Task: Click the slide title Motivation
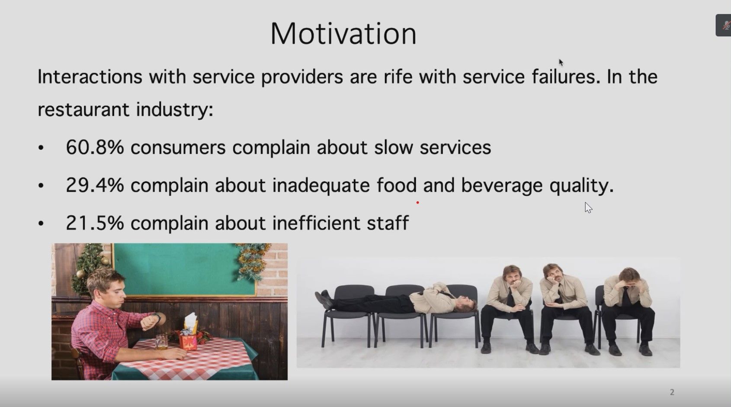point(343,33)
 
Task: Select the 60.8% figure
point(95,147)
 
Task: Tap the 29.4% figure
point(95,185)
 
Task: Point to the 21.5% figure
point(95,223)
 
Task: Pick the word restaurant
point(83,110)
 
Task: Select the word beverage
point(502,186)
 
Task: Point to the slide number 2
point(672,392)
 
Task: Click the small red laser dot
point(417,203)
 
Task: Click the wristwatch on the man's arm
point(157,317)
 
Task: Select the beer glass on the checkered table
point(161,341)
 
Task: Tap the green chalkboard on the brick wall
point(185,269)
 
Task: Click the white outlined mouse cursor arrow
point(588,208)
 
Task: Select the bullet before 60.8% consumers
point(41,148)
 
